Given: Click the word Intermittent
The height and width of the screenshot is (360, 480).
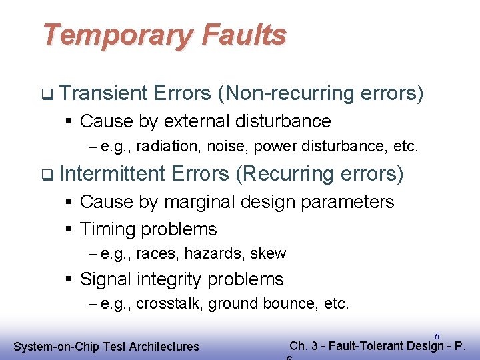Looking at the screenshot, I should click(x=111, y=174).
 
